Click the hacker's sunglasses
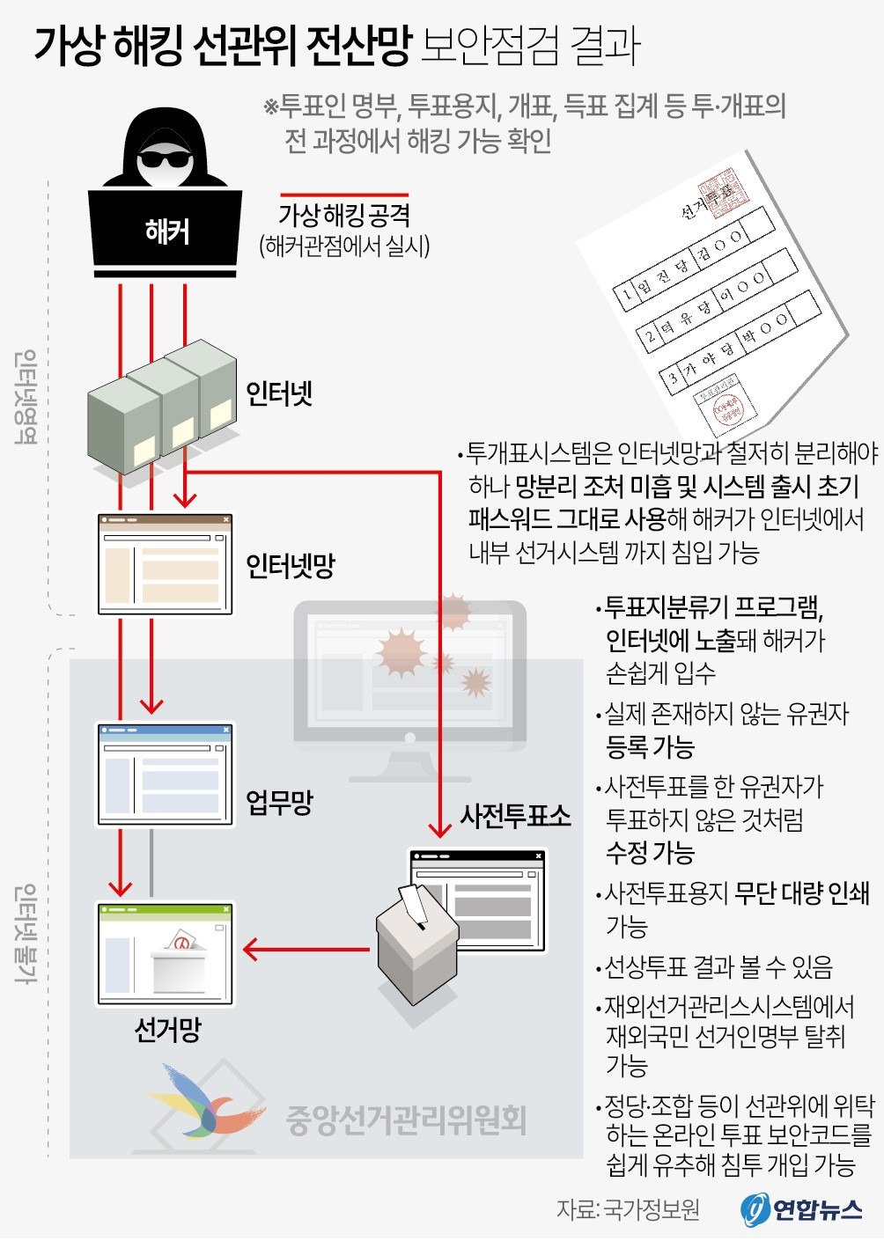[165, 159]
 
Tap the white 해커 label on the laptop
[166, 231]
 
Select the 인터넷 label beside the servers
[278, 393]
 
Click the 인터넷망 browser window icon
[165, 564]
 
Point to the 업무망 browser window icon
[165, 775]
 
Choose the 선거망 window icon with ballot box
[165, 953]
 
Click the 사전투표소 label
[515, 816]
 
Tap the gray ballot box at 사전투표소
[416, 951]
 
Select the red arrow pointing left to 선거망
[304, 950]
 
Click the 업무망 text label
[279, 802]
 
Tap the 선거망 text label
[167, 1029]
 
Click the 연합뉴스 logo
[801, 1210]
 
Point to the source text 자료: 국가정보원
[628, 1210]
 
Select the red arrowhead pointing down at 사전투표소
[439, 828]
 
